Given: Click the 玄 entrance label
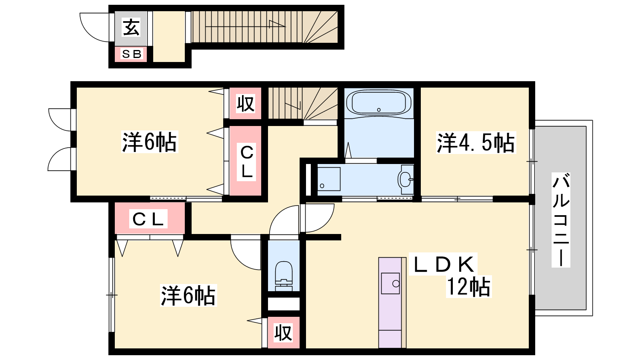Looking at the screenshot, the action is pyautogui.click(x=131, y=28).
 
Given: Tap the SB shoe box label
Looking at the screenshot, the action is pyautogui.click(x=132, y=54).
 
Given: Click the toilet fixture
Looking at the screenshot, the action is pyautogui.click(x=284, y=276).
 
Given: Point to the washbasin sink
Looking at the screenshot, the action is pyautogui.click(x=405, y=180).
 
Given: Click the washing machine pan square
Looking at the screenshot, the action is pyautogui.click(x=329, y=179).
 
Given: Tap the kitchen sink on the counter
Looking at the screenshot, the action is pyautogui.click(x=390, y=284).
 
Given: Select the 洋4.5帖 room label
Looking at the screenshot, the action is pyautogui.click(x=476, y=142).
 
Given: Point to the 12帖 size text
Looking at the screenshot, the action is pyautogui.click(x=468, y=286).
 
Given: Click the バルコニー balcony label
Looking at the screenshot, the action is pyautogui.click(x=561, y=220).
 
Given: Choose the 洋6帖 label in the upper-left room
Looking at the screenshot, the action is pyautogui.click(x=150, y=142).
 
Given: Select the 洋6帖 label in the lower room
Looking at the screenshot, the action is pyautogui.click(x=188, y=296).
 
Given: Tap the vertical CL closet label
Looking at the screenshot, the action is pyautogui.click(x=246, y=162).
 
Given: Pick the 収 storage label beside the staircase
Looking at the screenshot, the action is pyautogui.click(x=246, y=104).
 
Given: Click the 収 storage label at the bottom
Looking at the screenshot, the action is pyautogui.click(x=284, y=332).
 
